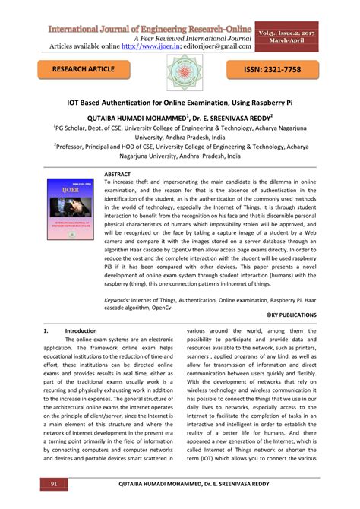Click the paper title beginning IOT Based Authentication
pyautogui.click(x=179, y=101)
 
